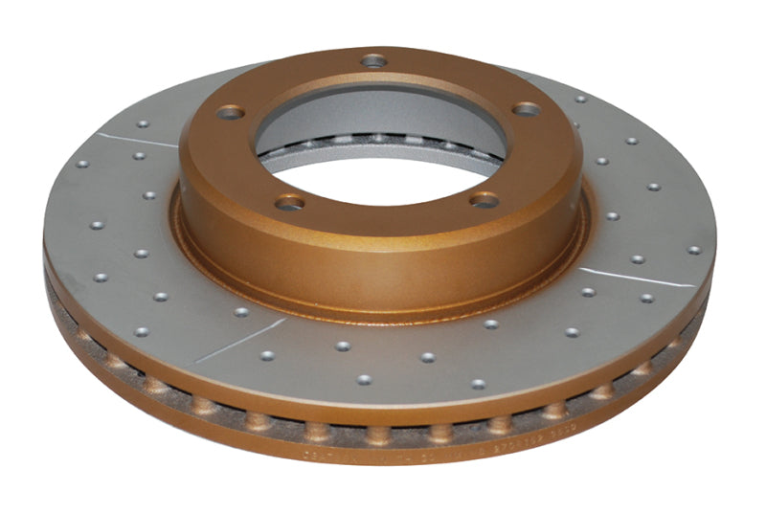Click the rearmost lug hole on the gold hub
pyautogui.click(x=373, y=61)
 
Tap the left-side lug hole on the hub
pyautogui.click(x=229, y=113)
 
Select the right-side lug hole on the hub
pyautogui.click(x=525, y=109)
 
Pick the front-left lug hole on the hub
pyautogui.click(x=290, y=202)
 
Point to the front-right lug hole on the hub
pyautogui.click(x=485, y=200)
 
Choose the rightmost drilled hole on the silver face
pyautogui.click(x=693, y=250)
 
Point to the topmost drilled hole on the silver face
pyautogui.click(x=580, y=99)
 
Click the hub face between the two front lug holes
pyautogui.click(x=388, y=215)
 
